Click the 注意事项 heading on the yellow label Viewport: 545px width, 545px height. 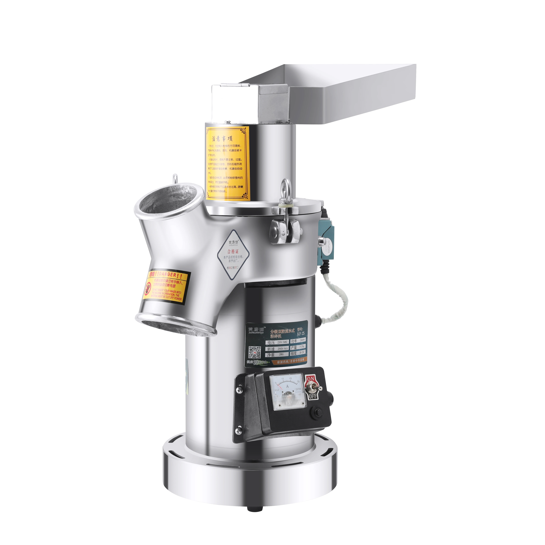tap(222, 138)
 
